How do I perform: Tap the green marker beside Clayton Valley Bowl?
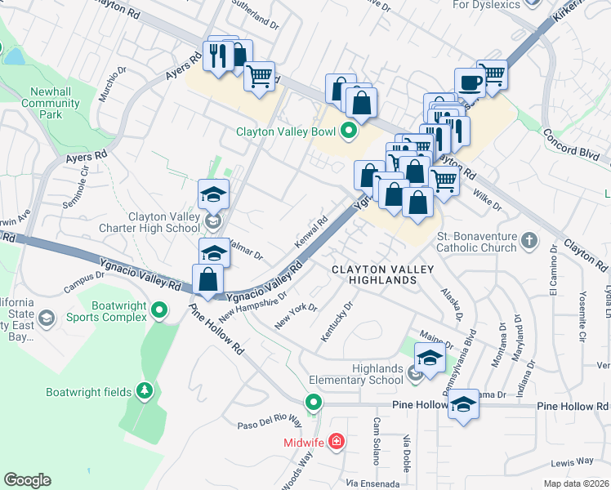click(350, 131)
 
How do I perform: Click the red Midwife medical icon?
click(335, 442)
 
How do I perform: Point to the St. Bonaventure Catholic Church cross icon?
click(529, 240)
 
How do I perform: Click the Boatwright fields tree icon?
click(145, 392)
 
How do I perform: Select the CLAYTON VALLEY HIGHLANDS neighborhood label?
click(373, 274)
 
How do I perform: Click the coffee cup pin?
click(470, 82)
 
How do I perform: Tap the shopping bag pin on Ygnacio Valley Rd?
click(209, 279)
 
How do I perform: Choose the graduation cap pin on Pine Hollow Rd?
click(463, 405)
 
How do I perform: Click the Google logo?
click(27, 480)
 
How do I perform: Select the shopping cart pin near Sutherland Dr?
click(259, 77)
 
